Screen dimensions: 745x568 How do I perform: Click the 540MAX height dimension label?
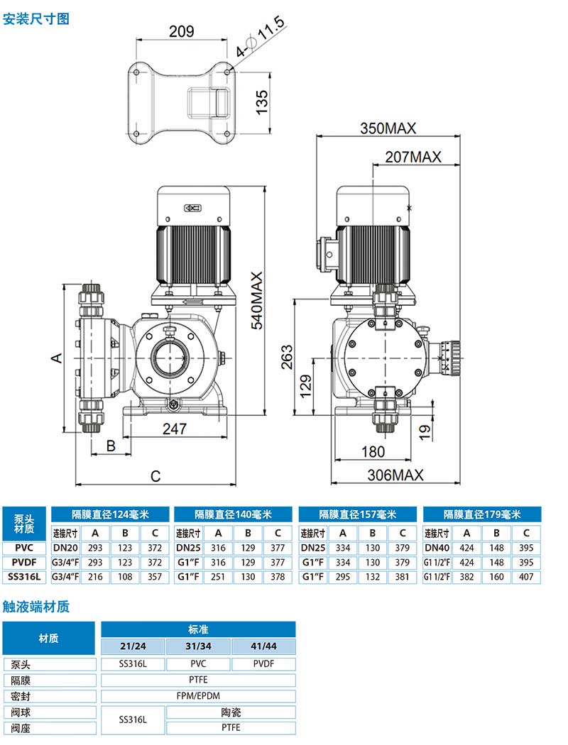coord(256,300)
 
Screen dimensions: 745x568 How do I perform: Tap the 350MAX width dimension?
coord(388,128)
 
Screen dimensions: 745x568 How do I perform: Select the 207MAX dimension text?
coord(413,157)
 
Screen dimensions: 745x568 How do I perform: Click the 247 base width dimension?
coord(175,429)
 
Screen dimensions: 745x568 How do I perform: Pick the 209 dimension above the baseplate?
coord(182,31)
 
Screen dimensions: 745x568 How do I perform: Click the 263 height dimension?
coord(287,358)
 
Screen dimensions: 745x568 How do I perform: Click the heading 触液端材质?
coord(36,606)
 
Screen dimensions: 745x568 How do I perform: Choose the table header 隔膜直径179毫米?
coord(482,514)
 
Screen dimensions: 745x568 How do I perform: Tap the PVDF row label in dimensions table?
coord(25,563)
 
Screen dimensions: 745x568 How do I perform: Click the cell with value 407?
coord(526,577)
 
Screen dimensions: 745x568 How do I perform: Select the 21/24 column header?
coord(133,646)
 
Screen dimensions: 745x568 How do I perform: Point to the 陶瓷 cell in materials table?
coord(231,712)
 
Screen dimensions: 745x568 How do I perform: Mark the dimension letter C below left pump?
coord(155,476)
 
